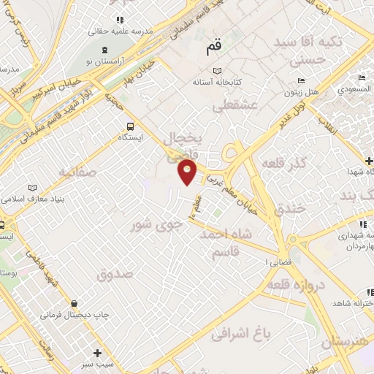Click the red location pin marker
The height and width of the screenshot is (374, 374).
tap(188, 172)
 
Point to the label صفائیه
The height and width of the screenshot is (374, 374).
tap(77, 172)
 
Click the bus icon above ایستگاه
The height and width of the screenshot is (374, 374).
tap(130, 126)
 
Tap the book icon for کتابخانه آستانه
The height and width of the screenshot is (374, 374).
tap(216, 71)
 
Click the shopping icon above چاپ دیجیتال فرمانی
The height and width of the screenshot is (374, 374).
tap(74, 303)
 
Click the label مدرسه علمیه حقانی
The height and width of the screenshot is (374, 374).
tap(118, 31)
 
